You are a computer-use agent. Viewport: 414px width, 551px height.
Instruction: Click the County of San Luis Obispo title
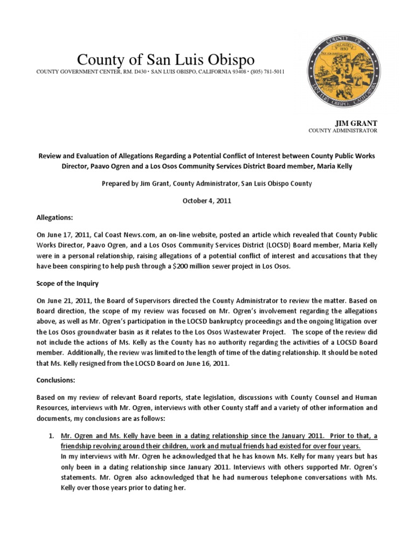[x=165, y=60]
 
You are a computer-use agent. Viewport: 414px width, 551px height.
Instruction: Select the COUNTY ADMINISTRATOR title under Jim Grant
[x=343, y=131]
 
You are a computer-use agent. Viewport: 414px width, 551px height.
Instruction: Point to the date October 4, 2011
[x=207, y=200]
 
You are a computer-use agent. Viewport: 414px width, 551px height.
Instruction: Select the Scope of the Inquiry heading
[x=67, y=281]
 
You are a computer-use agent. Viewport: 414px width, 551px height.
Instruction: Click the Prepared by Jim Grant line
[x=207, y=183]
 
